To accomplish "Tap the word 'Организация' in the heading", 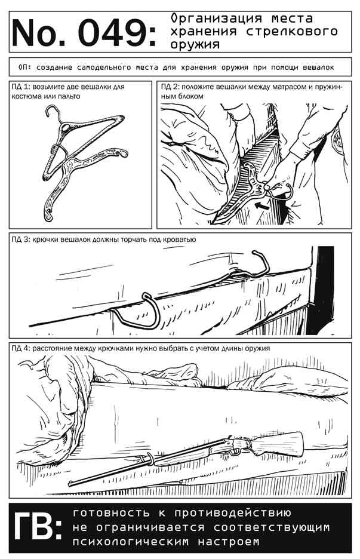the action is click(216, 18).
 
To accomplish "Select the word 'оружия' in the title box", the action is click(195, 45).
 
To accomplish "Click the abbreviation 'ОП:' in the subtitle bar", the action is click(24, 67).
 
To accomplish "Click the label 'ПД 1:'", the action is click(21, 87).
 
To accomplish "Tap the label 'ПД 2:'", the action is click(170, 87).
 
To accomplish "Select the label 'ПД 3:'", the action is click(21, 239).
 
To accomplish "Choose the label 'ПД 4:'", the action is click(21, 348).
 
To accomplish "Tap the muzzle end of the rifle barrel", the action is click(70, 484).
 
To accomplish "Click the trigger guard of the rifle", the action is click(234, 452).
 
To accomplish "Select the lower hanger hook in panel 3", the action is click(143, 314).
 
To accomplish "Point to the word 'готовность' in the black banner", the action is click(111, 514).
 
